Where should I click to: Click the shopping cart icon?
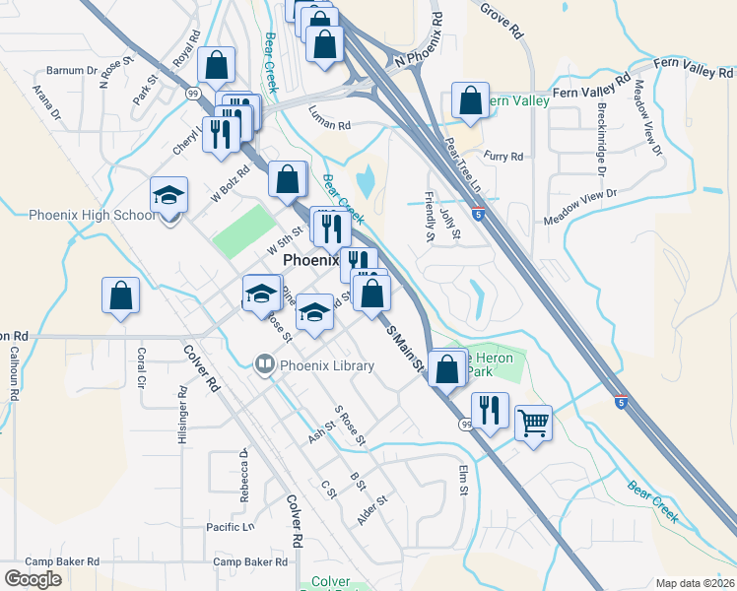(533, 424)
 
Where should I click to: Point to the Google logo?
(33, 579)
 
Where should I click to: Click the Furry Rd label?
(502, 156)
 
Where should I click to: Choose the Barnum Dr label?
(72, 71)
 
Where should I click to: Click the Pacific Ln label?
(230, 528)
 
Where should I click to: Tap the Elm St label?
(462, 482)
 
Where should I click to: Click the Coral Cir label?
(142, 363)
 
